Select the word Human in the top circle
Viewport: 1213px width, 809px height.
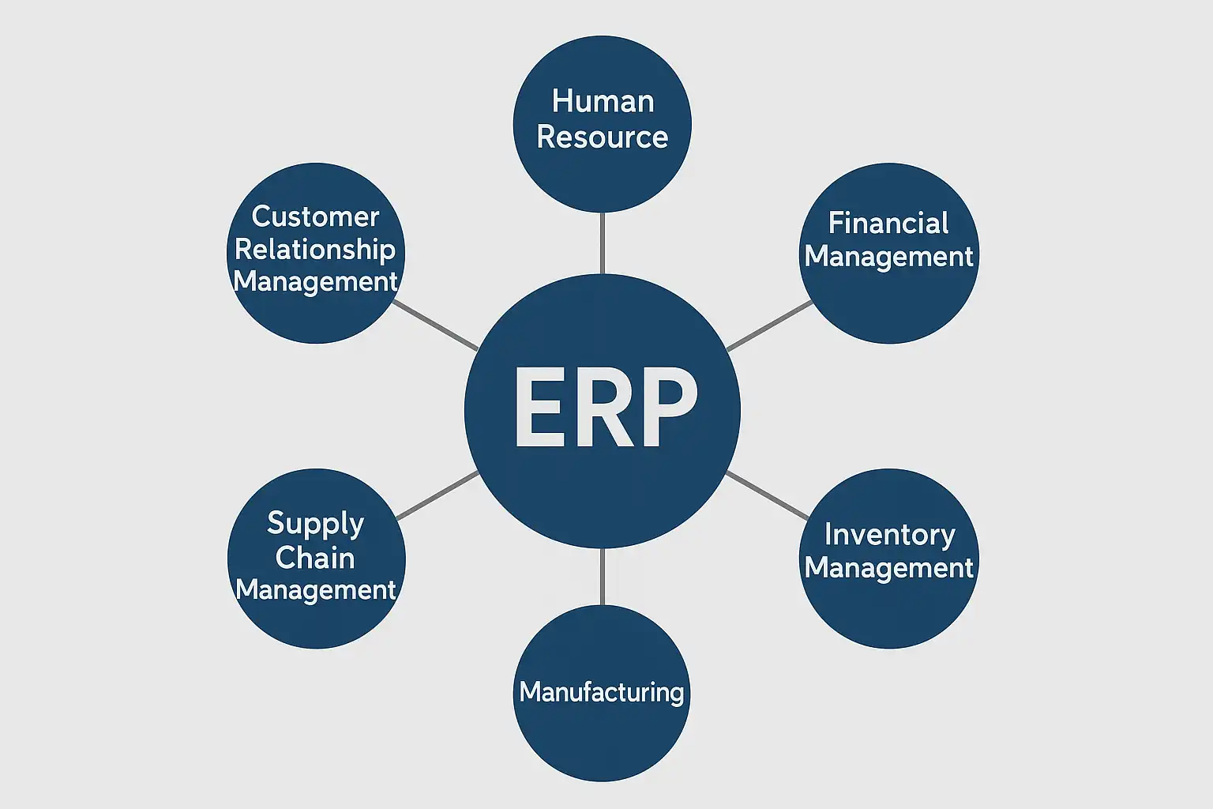click(x=603, y=101)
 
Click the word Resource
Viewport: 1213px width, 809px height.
click(x=603, y=137)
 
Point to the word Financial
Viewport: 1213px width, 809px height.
click(x=888, y=224)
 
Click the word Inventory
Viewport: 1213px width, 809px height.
click(x=889, y=535)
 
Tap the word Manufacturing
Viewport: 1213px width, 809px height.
click(x=602, y=692)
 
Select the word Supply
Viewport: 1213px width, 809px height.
click(x=316, y=523)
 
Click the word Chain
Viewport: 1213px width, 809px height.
click(x=315, y=558)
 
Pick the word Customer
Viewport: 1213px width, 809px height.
click(x=315, y=216)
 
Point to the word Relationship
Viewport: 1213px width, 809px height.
click(x=315, y=250)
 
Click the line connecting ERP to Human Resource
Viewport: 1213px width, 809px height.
click(x=603, y=243)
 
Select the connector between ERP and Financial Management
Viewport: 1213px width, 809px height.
click(x=769, y=325)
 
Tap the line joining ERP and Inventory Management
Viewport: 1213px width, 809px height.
click(x=768, y=495)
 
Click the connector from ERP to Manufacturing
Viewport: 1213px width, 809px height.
click(x=603, y=577)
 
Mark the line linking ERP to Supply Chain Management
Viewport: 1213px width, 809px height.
click(x=437, y=495)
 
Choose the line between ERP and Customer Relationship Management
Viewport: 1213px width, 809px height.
click(x=435, y=325)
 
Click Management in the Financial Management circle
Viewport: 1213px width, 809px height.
click(x=889, y=257)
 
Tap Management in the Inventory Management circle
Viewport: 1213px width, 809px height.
click(x=889, y=568)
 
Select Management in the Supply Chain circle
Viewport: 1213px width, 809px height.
click(x=316, y=590)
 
